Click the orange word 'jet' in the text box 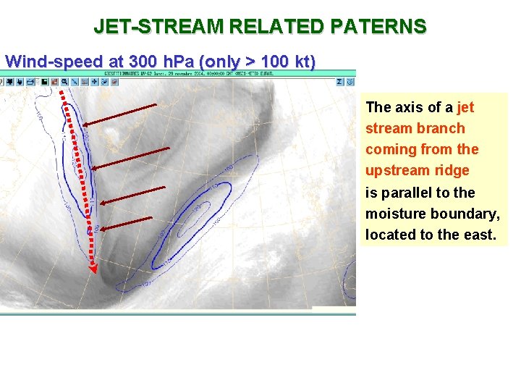click(x=465, y=107)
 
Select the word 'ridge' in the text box click(x=454, y=170)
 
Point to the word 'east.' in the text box click(x=478, y=234)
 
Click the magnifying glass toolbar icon click(x=85, y=82)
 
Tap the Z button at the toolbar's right click(x=339, y=82)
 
